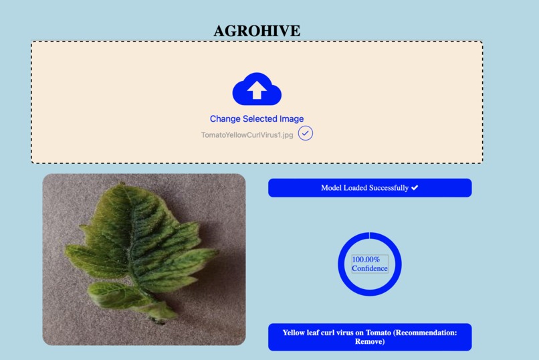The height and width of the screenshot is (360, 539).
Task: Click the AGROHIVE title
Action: pos(257,31)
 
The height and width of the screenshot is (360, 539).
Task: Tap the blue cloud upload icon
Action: pos(257,89)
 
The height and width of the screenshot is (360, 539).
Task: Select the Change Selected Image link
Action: pos(257,118)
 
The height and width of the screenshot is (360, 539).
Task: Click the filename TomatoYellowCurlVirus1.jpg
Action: pos(247,134)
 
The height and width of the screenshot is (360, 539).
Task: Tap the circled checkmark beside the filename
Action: pos(306,133)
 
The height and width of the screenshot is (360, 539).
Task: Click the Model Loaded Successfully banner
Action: pos(370,188)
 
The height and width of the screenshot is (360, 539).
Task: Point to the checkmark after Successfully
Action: pos(415,188)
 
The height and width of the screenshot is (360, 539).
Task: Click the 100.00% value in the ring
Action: pos(366,259)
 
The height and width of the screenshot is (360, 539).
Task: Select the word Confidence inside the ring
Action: pos(370,268)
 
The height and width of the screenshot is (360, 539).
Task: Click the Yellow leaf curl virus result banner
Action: pos(370,337)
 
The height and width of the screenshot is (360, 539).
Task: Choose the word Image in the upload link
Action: pos(291,118)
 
